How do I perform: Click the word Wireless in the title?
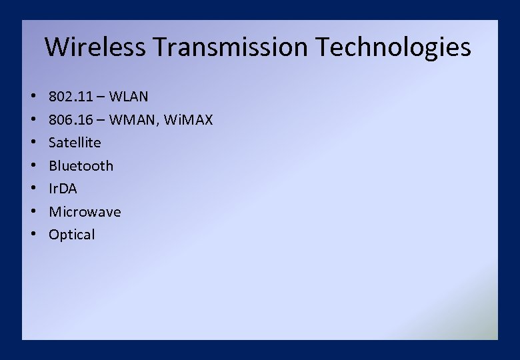tap(95, 47)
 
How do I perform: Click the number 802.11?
tap(72, 97)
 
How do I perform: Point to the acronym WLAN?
tap(129, 97)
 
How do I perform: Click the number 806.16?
tap(72, 120)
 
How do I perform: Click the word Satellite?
tap(75, 143)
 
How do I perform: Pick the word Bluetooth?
tap(81, 166)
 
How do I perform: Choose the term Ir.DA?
tap(63, 189)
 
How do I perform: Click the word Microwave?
tap(85, 212)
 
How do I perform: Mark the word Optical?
tap(72, 235)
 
